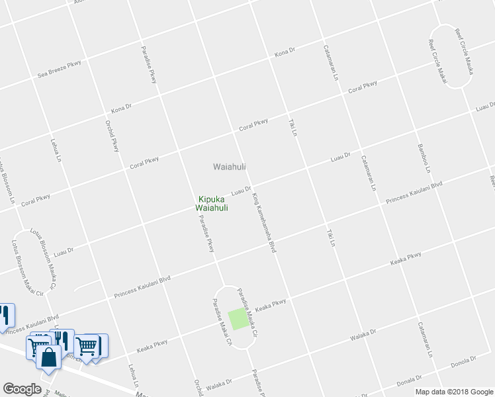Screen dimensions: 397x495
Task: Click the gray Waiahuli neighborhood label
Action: (x=230, y=167)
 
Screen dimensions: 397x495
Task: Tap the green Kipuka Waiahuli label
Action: (x=212, y=203)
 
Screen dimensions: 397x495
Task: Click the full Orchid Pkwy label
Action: (x=112, y=135)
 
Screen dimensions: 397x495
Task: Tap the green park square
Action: (x=237, y=320)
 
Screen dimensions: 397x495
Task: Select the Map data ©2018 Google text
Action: (x=454, y=392)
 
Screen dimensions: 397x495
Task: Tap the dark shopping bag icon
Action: (x=49, y=357)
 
